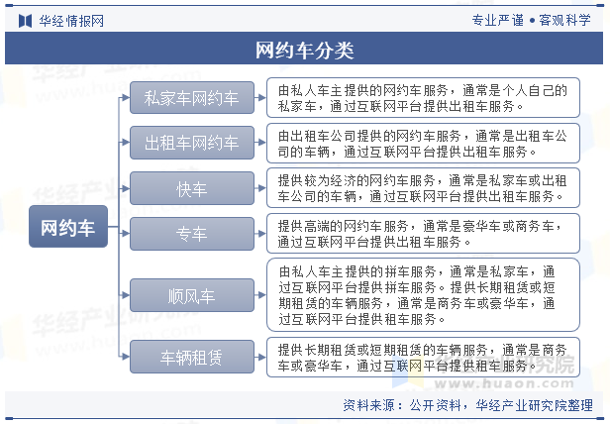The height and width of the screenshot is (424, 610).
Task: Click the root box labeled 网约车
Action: (x=68, y=226)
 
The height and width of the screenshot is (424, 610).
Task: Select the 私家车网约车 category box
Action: (x=192, y=98)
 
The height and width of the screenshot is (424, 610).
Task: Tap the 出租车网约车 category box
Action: (x=192, y=143)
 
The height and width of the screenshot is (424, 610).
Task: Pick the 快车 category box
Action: (x=192, y=188)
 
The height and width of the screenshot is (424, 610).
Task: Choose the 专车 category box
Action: (x=192, y=234)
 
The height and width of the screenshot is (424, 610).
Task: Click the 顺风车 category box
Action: (x=192, y=295)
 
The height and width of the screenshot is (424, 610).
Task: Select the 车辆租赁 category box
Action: (x=192, y=357)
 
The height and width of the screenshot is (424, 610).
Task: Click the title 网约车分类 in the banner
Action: (x=304, y=51)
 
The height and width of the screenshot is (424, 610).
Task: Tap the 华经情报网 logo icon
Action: (x=26, y=21)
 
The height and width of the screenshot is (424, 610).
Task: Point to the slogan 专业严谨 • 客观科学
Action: (x=532, y=20)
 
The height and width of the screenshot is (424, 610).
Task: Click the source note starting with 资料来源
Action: (x=467, y=405)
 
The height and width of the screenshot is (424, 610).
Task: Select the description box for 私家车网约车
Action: (x=423, y=98)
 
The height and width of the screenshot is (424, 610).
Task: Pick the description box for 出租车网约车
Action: (x=423, y=143)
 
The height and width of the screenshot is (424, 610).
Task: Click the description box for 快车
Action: (x=423, y=188)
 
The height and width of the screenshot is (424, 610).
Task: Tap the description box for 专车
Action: (x=423, y=234)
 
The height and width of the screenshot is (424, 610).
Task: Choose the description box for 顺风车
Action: (x=423, y=295)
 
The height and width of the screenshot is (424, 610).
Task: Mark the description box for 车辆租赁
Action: (x=423, y=357)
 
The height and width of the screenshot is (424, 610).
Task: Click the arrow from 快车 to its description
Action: (x=260, y=188)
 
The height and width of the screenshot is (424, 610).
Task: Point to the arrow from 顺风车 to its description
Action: (x=260, y=295)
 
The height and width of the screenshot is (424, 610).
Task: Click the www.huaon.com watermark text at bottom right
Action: (x=504, y=383)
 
